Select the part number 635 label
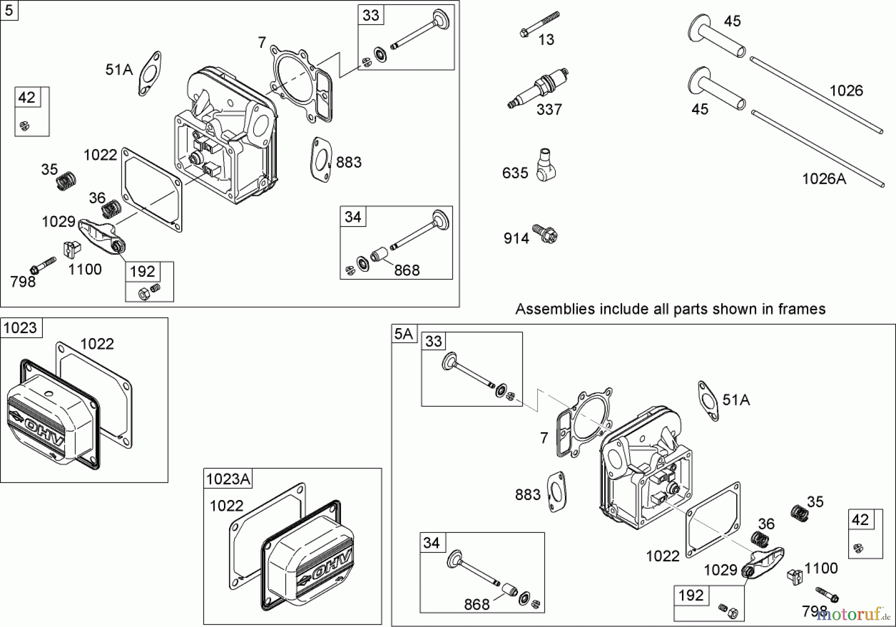pos(515,173)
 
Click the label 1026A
pos(824,179)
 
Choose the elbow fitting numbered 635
pos(546,164)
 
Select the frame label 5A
pos(403,334)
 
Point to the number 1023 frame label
pos(20,328)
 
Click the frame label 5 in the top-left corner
pos(9,10)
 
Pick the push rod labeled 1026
pos(816,97)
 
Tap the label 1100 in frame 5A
pos(821,568)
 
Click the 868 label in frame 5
pos(407,270)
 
